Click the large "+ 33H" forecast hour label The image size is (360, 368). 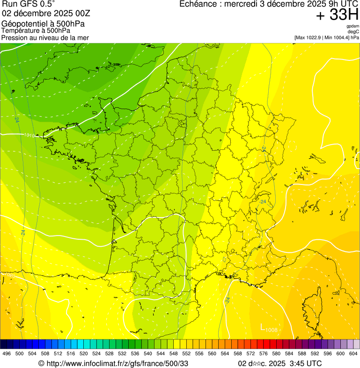tap(337, 15)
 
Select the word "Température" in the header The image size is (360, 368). tap(21, 30)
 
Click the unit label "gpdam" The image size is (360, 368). tap(353, 26)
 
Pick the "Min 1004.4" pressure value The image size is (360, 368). tap(337, 37)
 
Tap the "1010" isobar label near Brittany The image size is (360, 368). tap(29, 135)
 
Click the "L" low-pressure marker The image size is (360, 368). tap(263, 327)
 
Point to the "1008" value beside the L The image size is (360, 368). tap(272, 331)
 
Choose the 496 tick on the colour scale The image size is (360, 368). tap(7, 353)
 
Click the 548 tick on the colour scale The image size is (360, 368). tap(173, 353)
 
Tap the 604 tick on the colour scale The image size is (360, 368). tap(353, 353)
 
